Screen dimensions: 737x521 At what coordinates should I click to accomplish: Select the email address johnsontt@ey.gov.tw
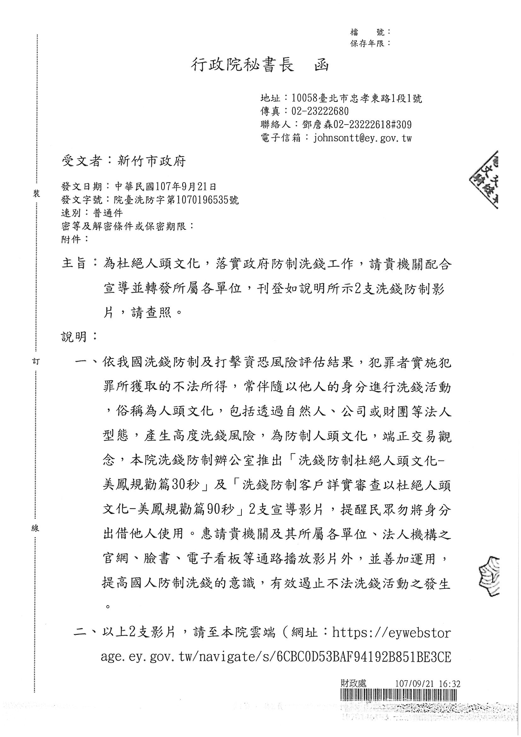click(363, 138)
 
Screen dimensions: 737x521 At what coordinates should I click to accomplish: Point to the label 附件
click(71, 239)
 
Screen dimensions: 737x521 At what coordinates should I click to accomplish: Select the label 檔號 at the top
click(369, 32)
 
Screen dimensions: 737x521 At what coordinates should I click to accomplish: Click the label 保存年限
click(367, 43)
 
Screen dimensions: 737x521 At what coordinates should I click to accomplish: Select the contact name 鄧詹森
click(313, 125)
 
